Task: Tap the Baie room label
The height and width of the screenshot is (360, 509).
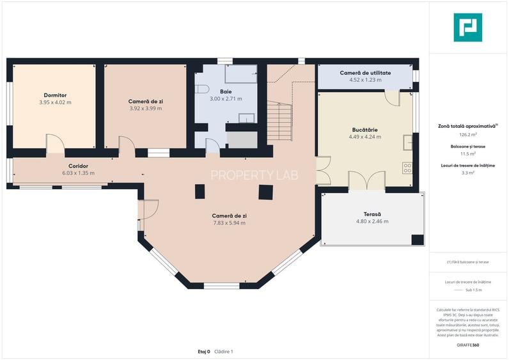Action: pos(226,91)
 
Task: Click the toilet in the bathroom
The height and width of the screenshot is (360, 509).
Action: pos(202,89)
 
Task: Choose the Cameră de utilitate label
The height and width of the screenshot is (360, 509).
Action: pos(365,73)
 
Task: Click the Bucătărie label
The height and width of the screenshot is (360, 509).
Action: pos(364,129)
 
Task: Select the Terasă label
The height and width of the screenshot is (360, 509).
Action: pos(372,214)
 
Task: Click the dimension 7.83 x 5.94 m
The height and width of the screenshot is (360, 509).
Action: pos(229,223)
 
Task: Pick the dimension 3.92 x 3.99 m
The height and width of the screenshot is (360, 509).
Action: pos(145,109)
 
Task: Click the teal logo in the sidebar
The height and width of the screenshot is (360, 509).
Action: pos(467,27)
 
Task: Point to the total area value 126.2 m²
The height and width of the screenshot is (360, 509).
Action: pos(467,135)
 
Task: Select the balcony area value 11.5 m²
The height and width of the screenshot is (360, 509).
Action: pos(467,154)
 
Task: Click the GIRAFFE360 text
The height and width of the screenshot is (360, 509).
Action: pos(467,345)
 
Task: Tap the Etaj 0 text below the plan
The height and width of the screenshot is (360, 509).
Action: pos(204,352)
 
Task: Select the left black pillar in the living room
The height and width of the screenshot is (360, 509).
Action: pos(200,191)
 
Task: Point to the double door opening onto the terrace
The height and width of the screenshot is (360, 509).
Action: pos(366,181)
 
